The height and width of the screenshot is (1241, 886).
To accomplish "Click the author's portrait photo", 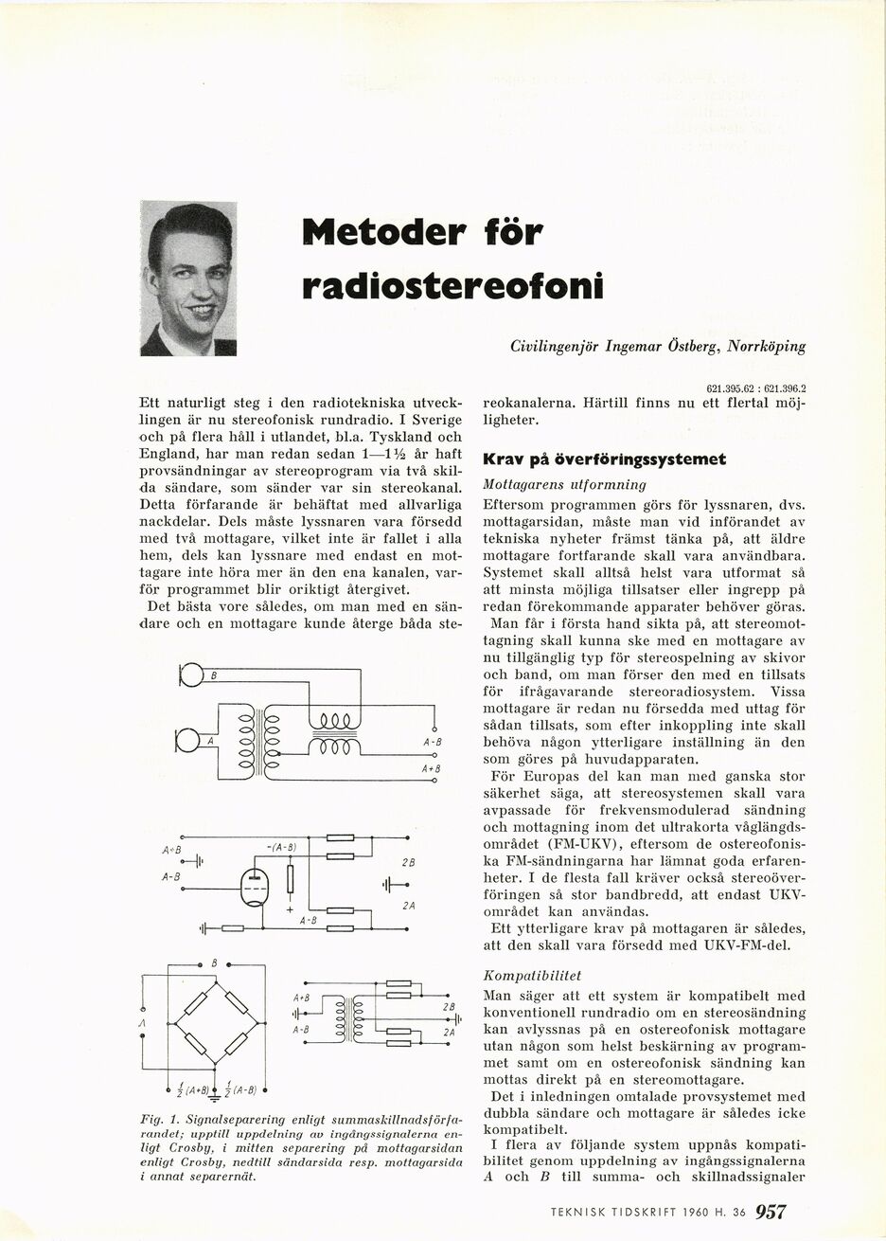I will coord(187,279).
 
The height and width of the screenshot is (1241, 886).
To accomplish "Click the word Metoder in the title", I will coord(383,231).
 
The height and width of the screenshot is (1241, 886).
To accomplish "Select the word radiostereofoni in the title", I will coord(452,284).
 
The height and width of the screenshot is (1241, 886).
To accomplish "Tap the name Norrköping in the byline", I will coord(766,347).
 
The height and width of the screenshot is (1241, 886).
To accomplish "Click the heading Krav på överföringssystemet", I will coord(604,459).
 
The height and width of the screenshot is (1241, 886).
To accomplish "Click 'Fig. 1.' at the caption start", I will coord(154,1121).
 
